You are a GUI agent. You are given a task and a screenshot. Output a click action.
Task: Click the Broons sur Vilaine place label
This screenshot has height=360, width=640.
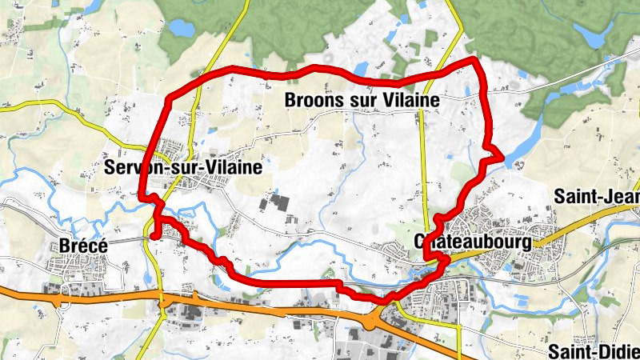362,101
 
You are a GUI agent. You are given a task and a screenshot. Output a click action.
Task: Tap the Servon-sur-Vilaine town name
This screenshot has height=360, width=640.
183,166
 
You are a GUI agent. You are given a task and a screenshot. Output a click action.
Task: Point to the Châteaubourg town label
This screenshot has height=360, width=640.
473,241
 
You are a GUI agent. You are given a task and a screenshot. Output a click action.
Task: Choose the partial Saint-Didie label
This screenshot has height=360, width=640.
594,350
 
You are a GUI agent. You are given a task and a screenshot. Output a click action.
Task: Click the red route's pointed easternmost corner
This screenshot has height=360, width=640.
502,156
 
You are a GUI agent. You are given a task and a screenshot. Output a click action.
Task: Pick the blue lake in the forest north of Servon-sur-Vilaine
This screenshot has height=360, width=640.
181,29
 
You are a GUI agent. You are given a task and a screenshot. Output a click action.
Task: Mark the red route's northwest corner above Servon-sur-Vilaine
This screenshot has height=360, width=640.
169,99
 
